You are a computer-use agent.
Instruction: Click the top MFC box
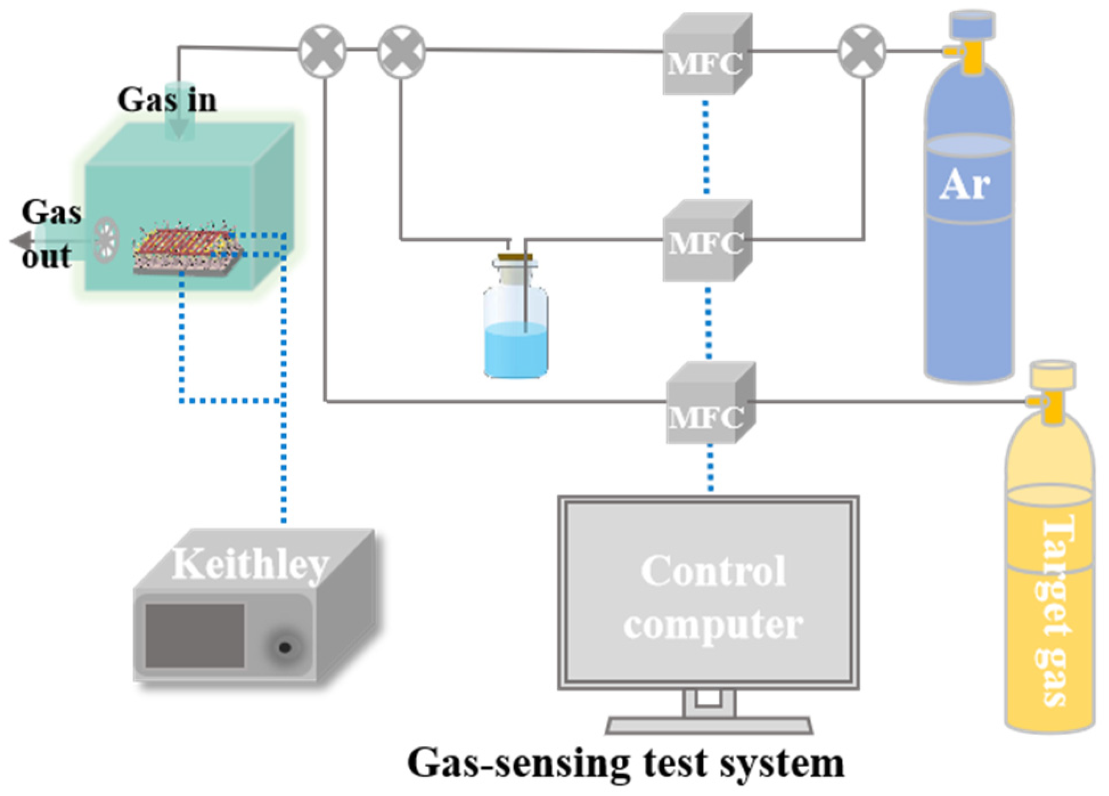click(x=705, y=57)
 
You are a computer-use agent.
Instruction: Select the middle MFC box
click(x=705, y=242)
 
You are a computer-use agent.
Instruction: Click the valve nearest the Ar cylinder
click(x=862, y=51)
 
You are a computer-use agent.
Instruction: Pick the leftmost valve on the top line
click(x=322, y=51)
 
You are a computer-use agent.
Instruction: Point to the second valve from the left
click(x=402, y=51)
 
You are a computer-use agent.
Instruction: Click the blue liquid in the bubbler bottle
click(x=515, y=350)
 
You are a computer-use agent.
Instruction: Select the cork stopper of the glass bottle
click(x=515, y=258)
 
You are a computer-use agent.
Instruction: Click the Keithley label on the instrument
click(x=251, y=564)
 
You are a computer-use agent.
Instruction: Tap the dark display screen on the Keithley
click(x=194, y=635)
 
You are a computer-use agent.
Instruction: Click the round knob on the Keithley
click(x=284, y=647)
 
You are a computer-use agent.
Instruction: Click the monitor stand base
click(x=708, y=725)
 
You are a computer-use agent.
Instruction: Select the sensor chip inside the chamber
click(x=188, y=251)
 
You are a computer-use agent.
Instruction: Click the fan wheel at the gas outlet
click(x=106, y=239)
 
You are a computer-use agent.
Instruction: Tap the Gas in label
click(x=167, y=100)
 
